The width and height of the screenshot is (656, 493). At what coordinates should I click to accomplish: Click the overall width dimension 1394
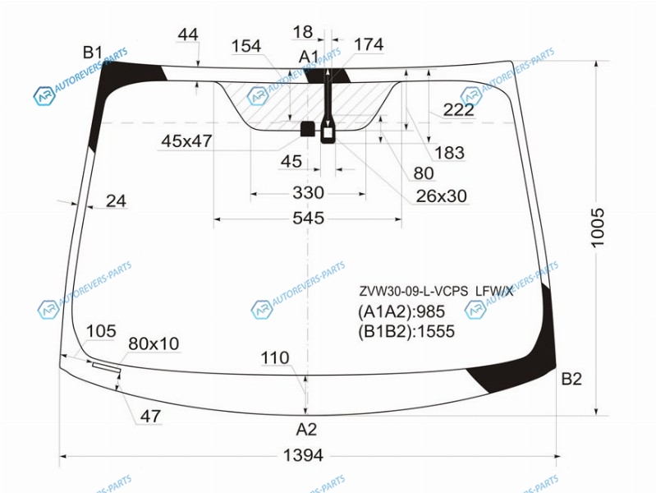point(303,455)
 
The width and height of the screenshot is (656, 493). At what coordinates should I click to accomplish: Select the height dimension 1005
point(598,228)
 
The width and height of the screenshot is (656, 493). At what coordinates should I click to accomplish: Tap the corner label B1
point(93,53)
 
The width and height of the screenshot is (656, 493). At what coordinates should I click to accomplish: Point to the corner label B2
point(571,379)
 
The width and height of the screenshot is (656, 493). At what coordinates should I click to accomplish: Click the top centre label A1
point(309,57)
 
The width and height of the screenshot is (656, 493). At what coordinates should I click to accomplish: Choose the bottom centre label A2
point(306,430)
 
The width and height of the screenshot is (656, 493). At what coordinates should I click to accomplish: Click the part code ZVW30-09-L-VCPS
point(413,291)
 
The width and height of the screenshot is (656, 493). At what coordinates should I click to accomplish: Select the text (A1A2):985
point(401,311)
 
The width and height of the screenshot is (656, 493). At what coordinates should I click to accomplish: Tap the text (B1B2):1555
point(406,331)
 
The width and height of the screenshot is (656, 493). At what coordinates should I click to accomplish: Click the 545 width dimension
point(309,218)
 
